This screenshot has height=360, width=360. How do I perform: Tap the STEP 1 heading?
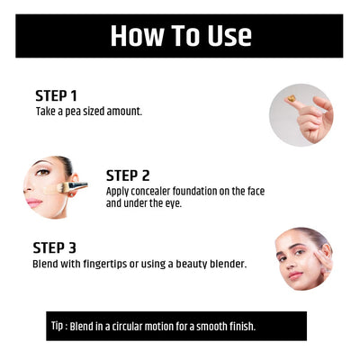point(56,96)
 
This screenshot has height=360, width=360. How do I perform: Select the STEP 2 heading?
point(128,175)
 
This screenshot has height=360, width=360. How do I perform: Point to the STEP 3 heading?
point(54,248)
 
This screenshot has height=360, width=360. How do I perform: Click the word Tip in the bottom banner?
point(57,326)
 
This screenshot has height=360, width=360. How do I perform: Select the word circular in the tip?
point(127,327)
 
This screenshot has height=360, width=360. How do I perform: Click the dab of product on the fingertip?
point(291,98)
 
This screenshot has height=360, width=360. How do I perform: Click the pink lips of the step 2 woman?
point(34,202)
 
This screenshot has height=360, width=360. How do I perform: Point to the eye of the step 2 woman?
point(42,173)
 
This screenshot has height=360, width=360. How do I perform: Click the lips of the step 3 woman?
point(295,275)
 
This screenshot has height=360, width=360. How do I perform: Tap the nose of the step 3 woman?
point(289,263)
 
